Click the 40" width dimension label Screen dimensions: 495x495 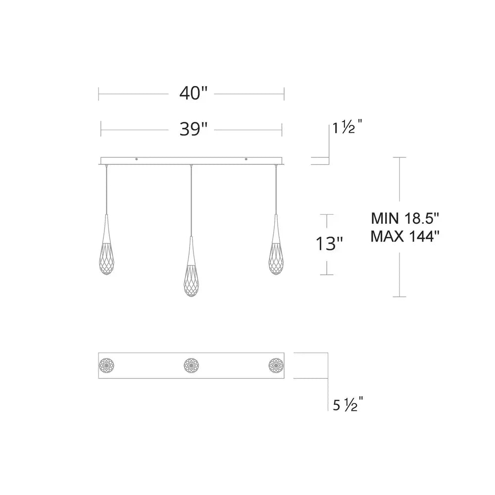click(x=192, y=93)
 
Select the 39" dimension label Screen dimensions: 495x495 click(x=192, y=130)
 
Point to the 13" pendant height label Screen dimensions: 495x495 click(x=329, y=244)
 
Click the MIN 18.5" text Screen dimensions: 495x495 click(x=405, y=218)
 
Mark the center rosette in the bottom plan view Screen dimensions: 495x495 click(x=191, y=365)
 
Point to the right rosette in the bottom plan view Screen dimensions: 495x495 click(x=275, y=365)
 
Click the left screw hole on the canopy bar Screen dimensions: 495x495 click(x=137, y=159)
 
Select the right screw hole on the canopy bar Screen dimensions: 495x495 click(x=246, y=159)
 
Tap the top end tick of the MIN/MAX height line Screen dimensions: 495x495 click(x=399, y=157)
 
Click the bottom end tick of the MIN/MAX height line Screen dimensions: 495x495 click(x=399, y=297)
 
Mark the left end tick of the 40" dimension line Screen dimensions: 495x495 click(x=99, y=93)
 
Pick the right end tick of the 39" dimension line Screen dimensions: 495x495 click(x=282, y=130)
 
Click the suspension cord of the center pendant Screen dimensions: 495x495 click(x=191, y=198)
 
